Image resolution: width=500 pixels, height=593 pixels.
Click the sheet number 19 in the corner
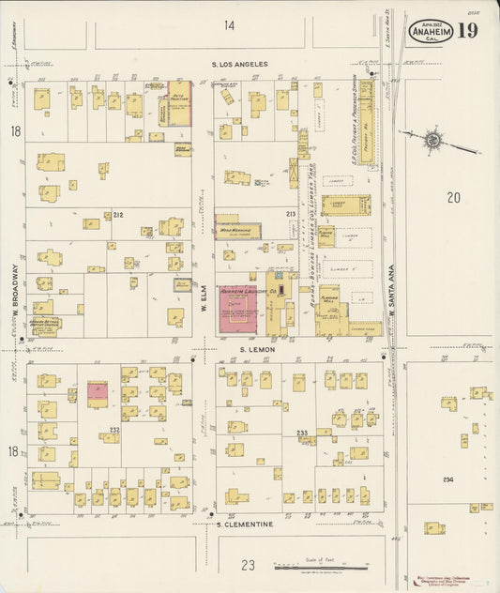tap(469, 30)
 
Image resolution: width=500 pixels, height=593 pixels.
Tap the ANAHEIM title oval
tap(431, 31)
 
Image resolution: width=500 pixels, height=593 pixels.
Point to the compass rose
tap(432, 141)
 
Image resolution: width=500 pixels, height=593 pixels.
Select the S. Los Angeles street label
tap(240, 65)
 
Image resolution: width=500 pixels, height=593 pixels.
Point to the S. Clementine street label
tap(245, 524)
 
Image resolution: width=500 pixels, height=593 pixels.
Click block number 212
tap(118, 215)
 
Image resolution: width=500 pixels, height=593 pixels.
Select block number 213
tap(291, 215)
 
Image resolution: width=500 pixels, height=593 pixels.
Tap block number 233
tap(302, 432)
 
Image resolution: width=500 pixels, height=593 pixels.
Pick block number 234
tap(447, 479)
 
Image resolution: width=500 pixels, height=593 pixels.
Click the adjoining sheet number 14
tap(230, 25)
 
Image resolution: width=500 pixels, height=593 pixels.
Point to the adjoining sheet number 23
tap(248, 564)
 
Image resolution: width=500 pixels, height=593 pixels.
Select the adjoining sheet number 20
tap(454, 197)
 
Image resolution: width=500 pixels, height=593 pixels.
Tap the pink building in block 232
tap(97, 394)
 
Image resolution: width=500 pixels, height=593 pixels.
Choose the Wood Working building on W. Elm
tap(237, 228)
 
